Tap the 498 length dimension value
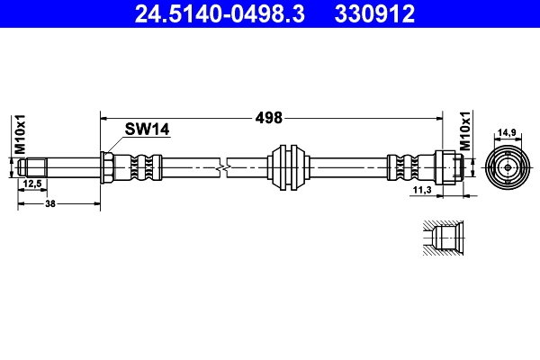pos(269,117)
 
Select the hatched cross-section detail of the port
pos(441,239)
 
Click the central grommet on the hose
pos(291,167)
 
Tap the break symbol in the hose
pos(223,167)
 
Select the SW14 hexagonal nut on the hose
pos(106,167)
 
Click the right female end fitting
pos(450,167)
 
